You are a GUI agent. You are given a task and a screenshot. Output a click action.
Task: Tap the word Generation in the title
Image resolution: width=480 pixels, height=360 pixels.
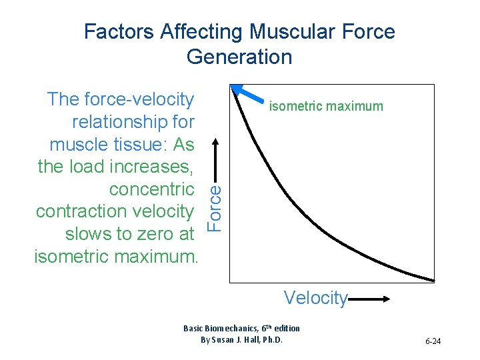pyautogui.click(x=239, y=57)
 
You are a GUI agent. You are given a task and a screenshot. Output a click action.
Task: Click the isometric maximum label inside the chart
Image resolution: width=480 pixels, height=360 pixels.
pyautogui.click(x=325, y=106)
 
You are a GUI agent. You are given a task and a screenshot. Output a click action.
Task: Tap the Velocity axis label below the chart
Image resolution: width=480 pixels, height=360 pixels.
pyautogui.click(x=315, y=297)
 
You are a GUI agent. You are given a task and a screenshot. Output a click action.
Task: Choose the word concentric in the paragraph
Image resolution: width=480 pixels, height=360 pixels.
pyautogui.click(x=152, y=189)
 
